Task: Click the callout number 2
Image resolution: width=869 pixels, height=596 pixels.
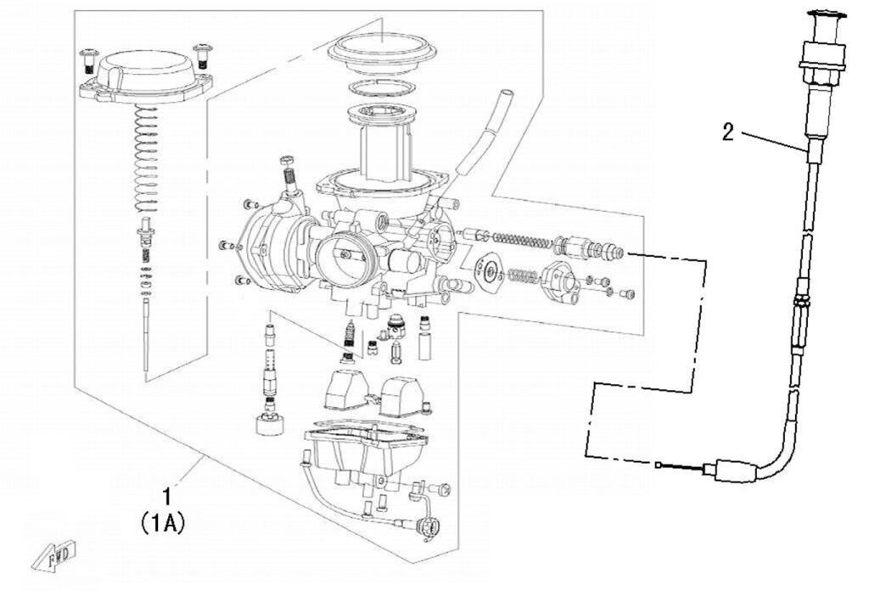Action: pyautogui.click(x=728, y=132)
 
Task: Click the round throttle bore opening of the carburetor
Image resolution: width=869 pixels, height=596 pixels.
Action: pyautogui.click(x=344, y=254)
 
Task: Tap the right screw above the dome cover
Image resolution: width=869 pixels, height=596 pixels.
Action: pyautogui.click(x=202, y=55)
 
